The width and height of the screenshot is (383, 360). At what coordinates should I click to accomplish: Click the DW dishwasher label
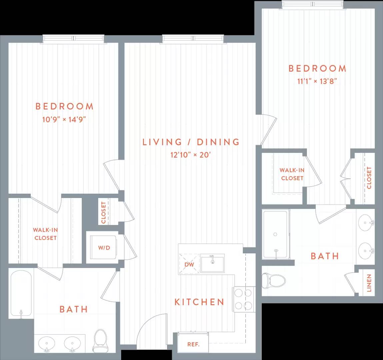(x=189, y=265)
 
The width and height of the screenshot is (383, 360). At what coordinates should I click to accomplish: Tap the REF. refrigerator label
(x=193, y=344)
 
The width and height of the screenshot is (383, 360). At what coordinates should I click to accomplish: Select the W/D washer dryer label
(x=104, y=248)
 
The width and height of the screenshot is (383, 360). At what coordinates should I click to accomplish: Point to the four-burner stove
(x=244, y=299)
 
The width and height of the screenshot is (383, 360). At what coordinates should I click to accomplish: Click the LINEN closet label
(x=369, y=283)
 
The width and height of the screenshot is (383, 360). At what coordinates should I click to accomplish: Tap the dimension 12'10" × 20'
(x=191, y=155)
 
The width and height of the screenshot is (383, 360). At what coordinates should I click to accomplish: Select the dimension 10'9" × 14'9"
(x=64, y=119)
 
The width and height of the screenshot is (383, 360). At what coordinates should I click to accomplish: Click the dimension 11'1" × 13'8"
(x=317, y=81)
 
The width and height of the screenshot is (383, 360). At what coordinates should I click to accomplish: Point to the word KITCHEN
(x=199, y=302)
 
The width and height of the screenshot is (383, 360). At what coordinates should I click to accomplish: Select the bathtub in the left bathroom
(x=21, y=294)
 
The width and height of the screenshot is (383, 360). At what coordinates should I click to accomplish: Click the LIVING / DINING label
(x=191, y=142)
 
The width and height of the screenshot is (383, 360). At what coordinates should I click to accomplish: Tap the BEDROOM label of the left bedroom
(x=64, y=106)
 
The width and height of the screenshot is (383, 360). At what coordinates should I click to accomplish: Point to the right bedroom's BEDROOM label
(x=317, y=68)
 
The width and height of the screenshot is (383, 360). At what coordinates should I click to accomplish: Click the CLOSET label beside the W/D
(x=104, y=212)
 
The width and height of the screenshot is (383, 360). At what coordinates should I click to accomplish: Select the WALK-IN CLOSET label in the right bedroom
(x=292, y=174)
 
